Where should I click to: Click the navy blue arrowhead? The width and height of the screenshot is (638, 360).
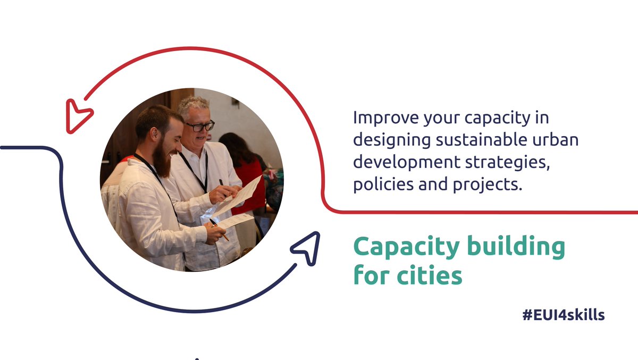tap(307, 247)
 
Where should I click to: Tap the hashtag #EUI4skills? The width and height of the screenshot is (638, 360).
tap(564, 315)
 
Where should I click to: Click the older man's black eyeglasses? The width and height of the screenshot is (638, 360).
tap(200, 127)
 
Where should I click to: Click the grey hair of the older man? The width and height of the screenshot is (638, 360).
tap(192, 104)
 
